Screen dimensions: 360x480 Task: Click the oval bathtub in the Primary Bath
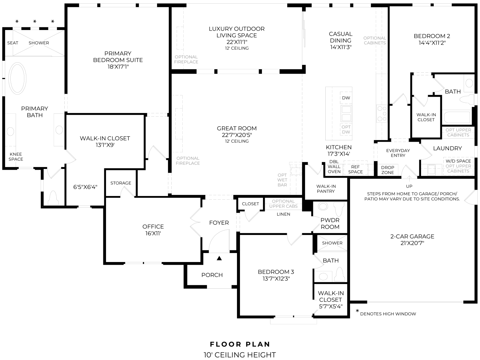(x=18, y=79)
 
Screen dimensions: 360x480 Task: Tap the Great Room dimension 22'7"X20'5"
(x=237, y=135)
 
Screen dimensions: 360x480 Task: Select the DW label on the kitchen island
(x=346, y=98)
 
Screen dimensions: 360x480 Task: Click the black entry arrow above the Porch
(x=219, y=258)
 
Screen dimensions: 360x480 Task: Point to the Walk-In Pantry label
(x=326, y=189)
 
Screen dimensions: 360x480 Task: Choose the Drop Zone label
(x=387, y=170)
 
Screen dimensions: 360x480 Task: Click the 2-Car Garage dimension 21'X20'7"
(x=412, y=243)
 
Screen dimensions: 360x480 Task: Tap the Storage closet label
(x=121, y=183)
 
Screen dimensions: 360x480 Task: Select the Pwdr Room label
(x=330, y=223)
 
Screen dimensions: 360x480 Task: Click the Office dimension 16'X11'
(x=153, y=233)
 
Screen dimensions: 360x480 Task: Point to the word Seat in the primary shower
(x=13, y=43)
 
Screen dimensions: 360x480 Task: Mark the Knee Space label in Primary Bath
(x=16, y=157)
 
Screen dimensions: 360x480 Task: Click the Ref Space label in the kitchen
(x=355, y=169)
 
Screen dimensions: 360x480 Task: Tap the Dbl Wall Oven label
(x=334, y=167)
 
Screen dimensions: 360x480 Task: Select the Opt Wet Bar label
(x=282, y=180)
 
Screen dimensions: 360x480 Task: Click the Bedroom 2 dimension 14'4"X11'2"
(x=432, y=43)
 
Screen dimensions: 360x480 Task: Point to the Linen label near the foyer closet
(x=283, y=214)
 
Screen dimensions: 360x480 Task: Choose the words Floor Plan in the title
(x=240, y=344)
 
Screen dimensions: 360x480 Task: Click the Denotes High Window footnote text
(x=388, y=314)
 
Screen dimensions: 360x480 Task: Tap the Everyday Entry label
(x=398, y=153)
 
